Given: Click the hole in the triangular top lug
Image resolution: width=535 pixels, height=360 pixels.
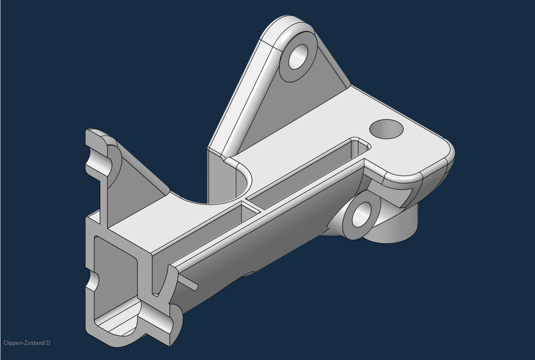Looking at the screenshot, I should tap(299, 55).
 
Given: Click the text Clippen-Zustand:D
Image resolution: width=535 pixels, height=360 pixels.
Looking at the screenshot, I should tap(26, 343).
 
